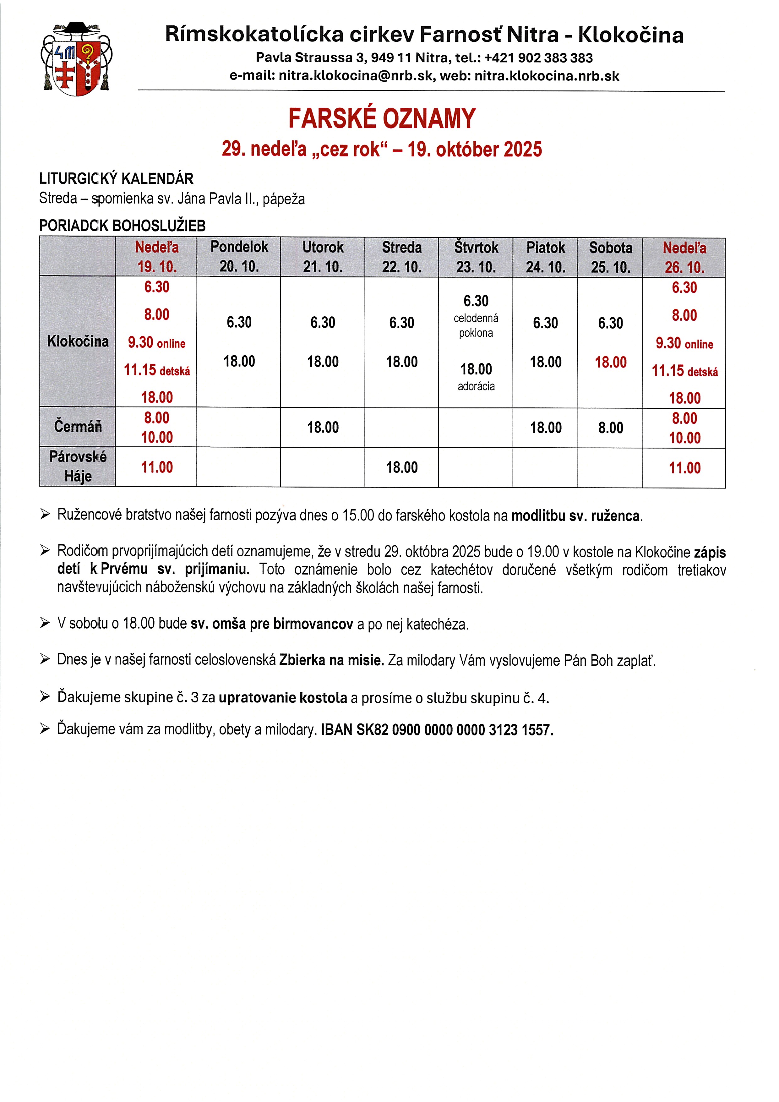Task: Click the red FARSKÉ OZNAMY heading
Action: coord(382,118)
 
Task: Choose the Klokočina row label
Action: coord(78,341)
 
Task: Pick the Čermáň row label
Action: coord(78,426)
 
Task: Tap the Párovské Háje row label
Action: coord(78,466)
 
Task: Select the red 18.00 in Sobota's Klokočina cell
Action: coord(611,363)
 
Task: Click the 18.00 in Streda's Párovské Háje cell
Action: coord(402,467)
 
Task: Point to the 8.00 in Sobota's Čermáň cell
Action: coord(611,428)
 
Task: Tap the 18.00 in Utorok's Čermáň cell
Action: coord(323,427)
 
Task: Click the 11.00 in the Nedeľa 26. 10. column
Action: coord(684,468)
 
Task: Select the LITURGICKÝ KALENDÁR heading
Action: coord(116,179)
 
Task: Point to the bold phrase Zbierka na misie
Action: coord(331,660)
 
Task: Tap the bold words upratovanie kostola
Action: coord(283,698)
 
